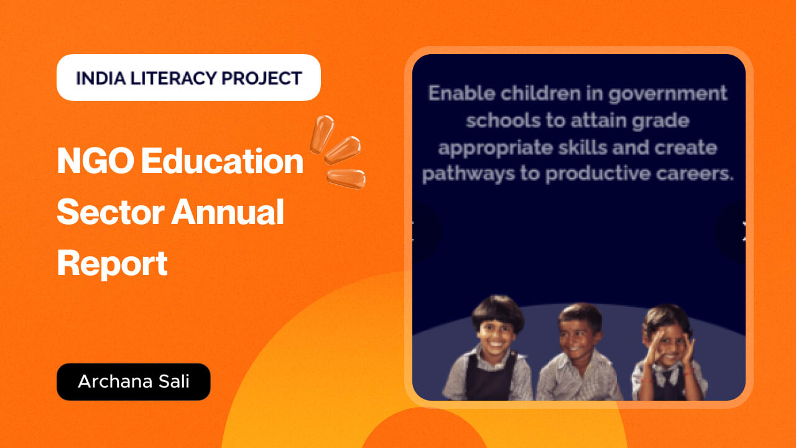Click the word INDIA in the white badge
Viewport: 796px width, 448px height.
101,78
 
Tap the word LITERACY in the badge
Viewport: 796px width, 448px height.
174,78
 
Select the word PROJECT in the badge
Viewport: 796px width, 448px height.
262,78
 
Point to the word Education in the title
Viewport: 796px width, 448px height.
222,161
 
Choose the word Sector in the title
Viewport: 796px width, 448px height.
111,212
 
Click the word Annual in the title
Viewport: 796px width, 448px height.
228,212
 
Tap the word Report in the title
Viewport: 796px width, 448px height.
113,264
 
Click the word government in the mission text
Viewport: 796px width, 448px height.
667,94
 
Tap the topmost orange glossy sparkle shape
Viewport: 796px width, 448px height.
322,134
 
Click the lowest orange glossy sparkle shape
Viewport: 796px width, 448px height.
346,179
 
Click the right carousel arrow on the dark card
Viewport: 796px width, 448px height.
743,231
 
